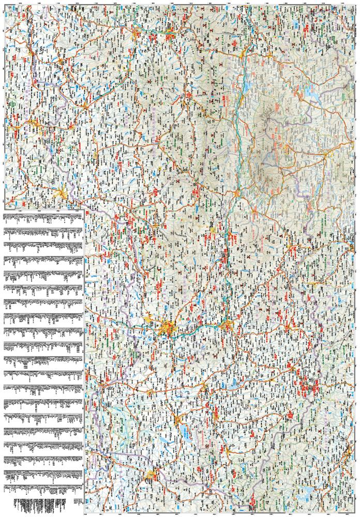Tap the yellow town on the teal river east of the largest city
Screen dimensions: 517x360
click(x=226, y=325)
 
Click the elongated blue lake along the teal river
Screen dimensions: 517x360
click(x=241, y=83)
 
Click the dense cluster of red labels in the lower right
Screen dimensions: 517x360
click(x=308, y=386)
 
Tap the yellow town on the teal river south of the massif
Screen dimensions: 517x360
click(x=236, y=193)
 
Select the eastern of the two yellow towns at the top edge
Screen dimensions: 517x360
click(x=171, y=35)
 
